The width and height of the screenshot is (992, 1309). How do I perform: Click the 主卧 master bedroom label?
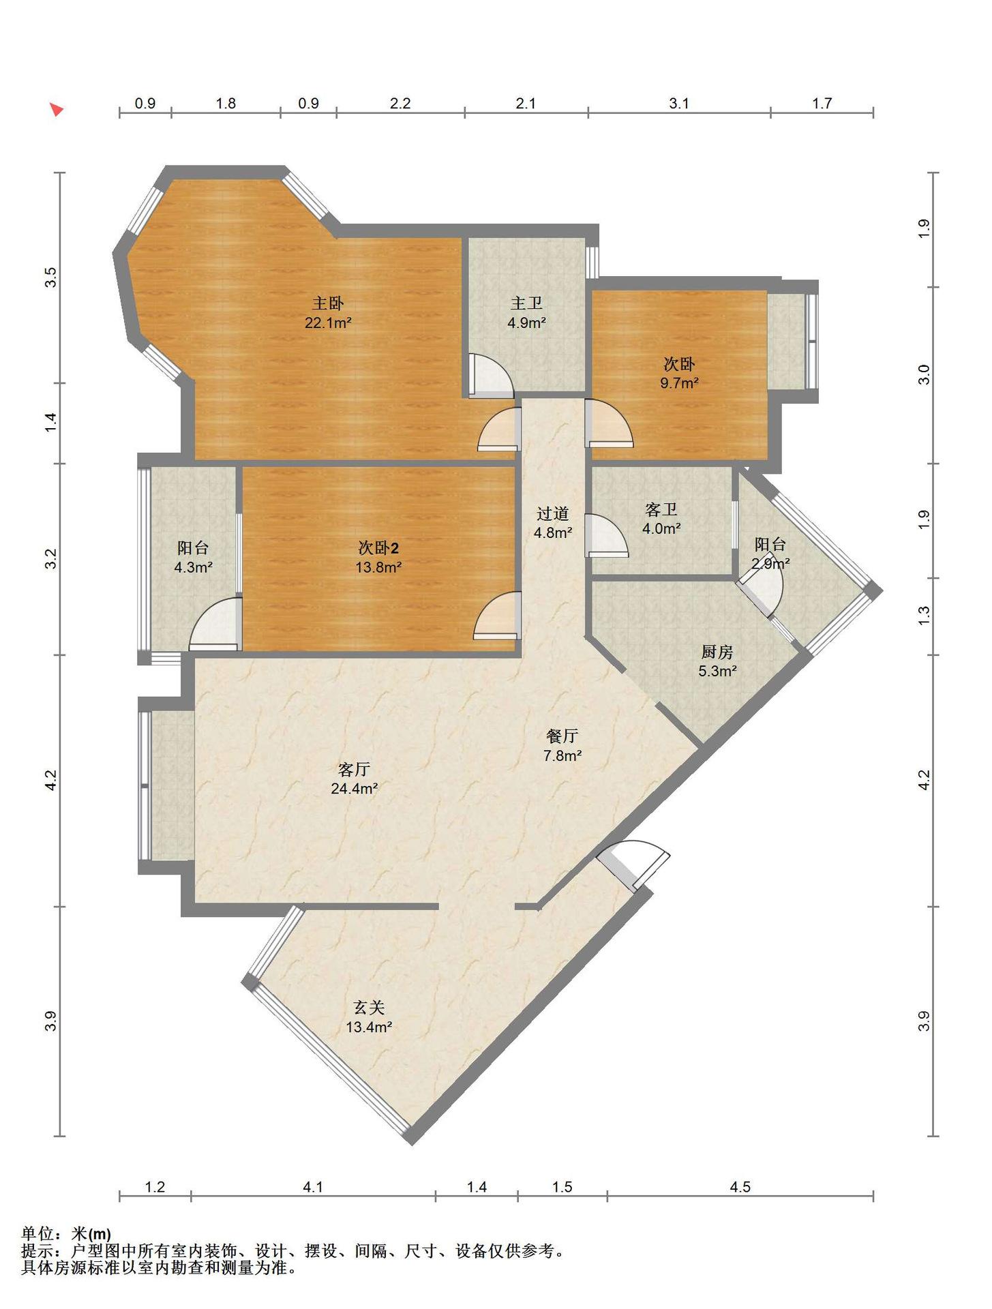[328, 303]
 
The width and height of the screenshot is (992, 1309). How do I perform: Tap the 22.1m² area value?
[328, 323]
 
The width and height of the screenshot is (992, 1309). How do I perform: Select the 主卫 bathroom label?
[526, 303]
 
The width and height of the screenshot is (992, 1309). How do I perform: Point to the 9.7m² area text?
[679, 383]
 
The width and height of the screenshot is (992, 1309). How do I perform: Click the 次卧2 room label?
[378, 547]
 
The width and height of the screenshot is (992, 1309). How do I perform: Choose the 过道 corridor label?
[552, 513]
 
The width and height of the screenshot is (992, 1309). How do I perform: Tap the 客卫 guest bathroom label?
[661, 509]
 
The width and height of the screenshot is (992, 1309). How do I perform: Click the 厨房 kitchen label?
[717, 652]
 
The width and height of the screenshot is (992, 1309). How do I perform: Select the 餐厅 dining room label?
[562, 736]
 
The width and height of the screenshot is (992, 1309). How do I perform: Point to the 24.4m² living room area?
[354, 789]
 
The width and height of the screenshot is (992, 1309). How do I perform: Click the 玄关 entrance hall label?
[369, 1007]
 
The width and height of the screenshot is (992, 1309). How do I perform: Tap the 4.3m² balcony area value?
[194, 567]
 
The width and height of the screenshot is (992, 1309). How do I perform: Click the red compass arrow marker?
[57, 109]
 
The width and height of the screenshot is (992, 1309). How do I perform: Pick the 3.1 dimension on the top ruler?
[679, 104]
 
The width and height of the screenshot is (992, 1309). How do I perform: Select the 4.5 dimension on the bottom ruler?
[740, 1187]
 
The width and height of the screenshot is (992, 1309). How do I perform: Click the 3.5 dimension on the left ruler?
[50, 277]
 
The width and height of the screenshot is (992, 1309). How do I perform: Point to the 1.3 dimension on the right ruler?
[924, 616]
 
